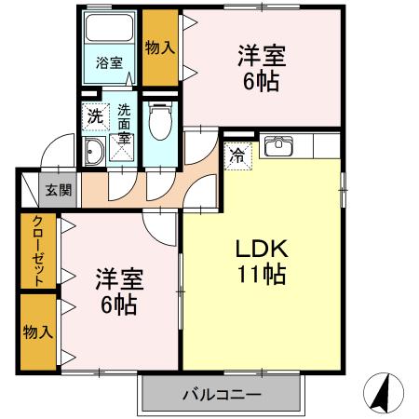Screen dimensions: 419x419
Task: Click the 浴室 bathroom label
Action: tap(110, 63)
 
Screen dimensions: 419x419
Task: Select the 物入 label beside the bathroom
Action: tap(160, 47)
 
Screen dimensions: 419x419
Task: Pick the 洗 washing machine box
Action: tap(95, 117)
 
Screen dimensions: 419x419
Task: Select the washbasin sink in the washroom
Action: tap(94, 153)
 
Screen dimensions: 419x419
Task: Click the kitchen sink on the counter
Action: tap(278, 146)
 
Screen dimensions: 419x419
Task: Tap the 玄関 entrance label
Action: tap(58, 191)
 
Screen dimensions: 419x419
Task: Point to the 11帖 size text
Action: tap(264, 276)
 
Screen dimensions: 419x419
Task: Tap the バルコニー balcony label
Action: tap(222, 395)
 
